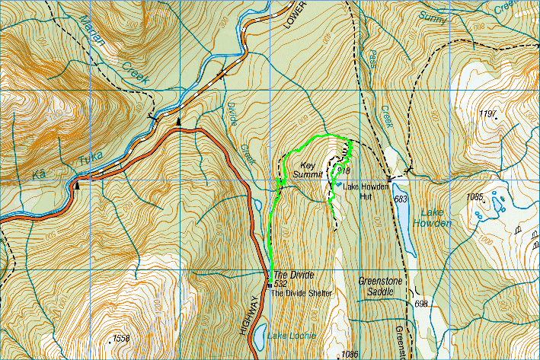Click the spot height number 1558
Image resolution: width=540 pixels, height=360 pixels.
120,337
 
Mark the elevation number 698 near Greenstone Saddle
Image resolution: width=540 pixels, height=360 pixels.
422,304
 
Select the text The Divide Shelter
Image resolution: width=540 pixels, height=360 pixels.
302,293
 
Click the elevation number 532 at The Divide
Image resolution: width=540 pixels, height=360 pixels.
280,284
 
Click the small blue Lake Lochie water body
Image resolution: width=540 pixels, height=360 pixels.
260,333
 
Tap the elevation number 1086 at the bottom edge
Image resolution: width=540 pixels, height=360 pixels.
350,354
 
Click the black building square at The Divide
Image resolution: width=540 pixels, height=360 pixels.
270,285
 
